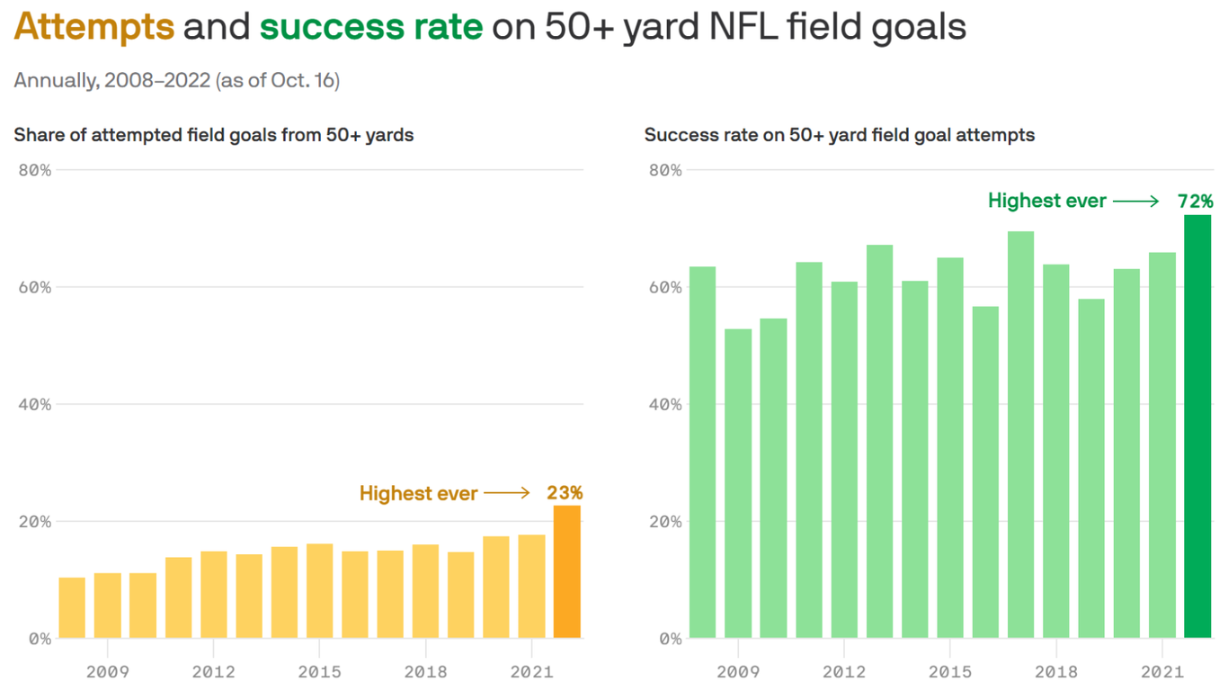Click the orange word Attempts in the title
(x=94, y=27)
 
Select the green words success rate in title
(x=371, y=27)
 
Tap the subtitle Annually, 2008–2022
(x=176, y=80)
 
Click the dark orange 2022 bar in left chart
(x=566, y=572)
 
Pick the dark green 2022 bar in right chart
(x=1197, y=427)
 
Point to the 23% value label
(x=565, y=493)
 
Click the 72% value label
(x=1196, y=202)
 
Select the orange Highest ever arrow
(x=507, y=493)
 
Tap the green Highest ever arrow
(x=1136, y=202)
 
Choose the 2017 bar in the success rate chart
(x=1020, y=435)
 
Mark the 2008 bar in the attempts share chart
(x=72, y=608)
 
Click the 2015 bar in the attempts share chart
(x=319, y=591)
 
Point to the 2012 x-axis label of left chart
(x=213, y=672)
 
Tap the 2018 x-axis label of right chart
(x=1055, y=672)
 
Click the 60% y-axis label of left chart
(x=34, y=288)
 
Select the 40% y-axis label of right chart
(x=665, y=405)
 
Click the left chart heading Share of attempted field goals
(x=214, y=136)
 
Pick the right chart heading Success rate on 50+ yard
(x=840, y=136)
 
